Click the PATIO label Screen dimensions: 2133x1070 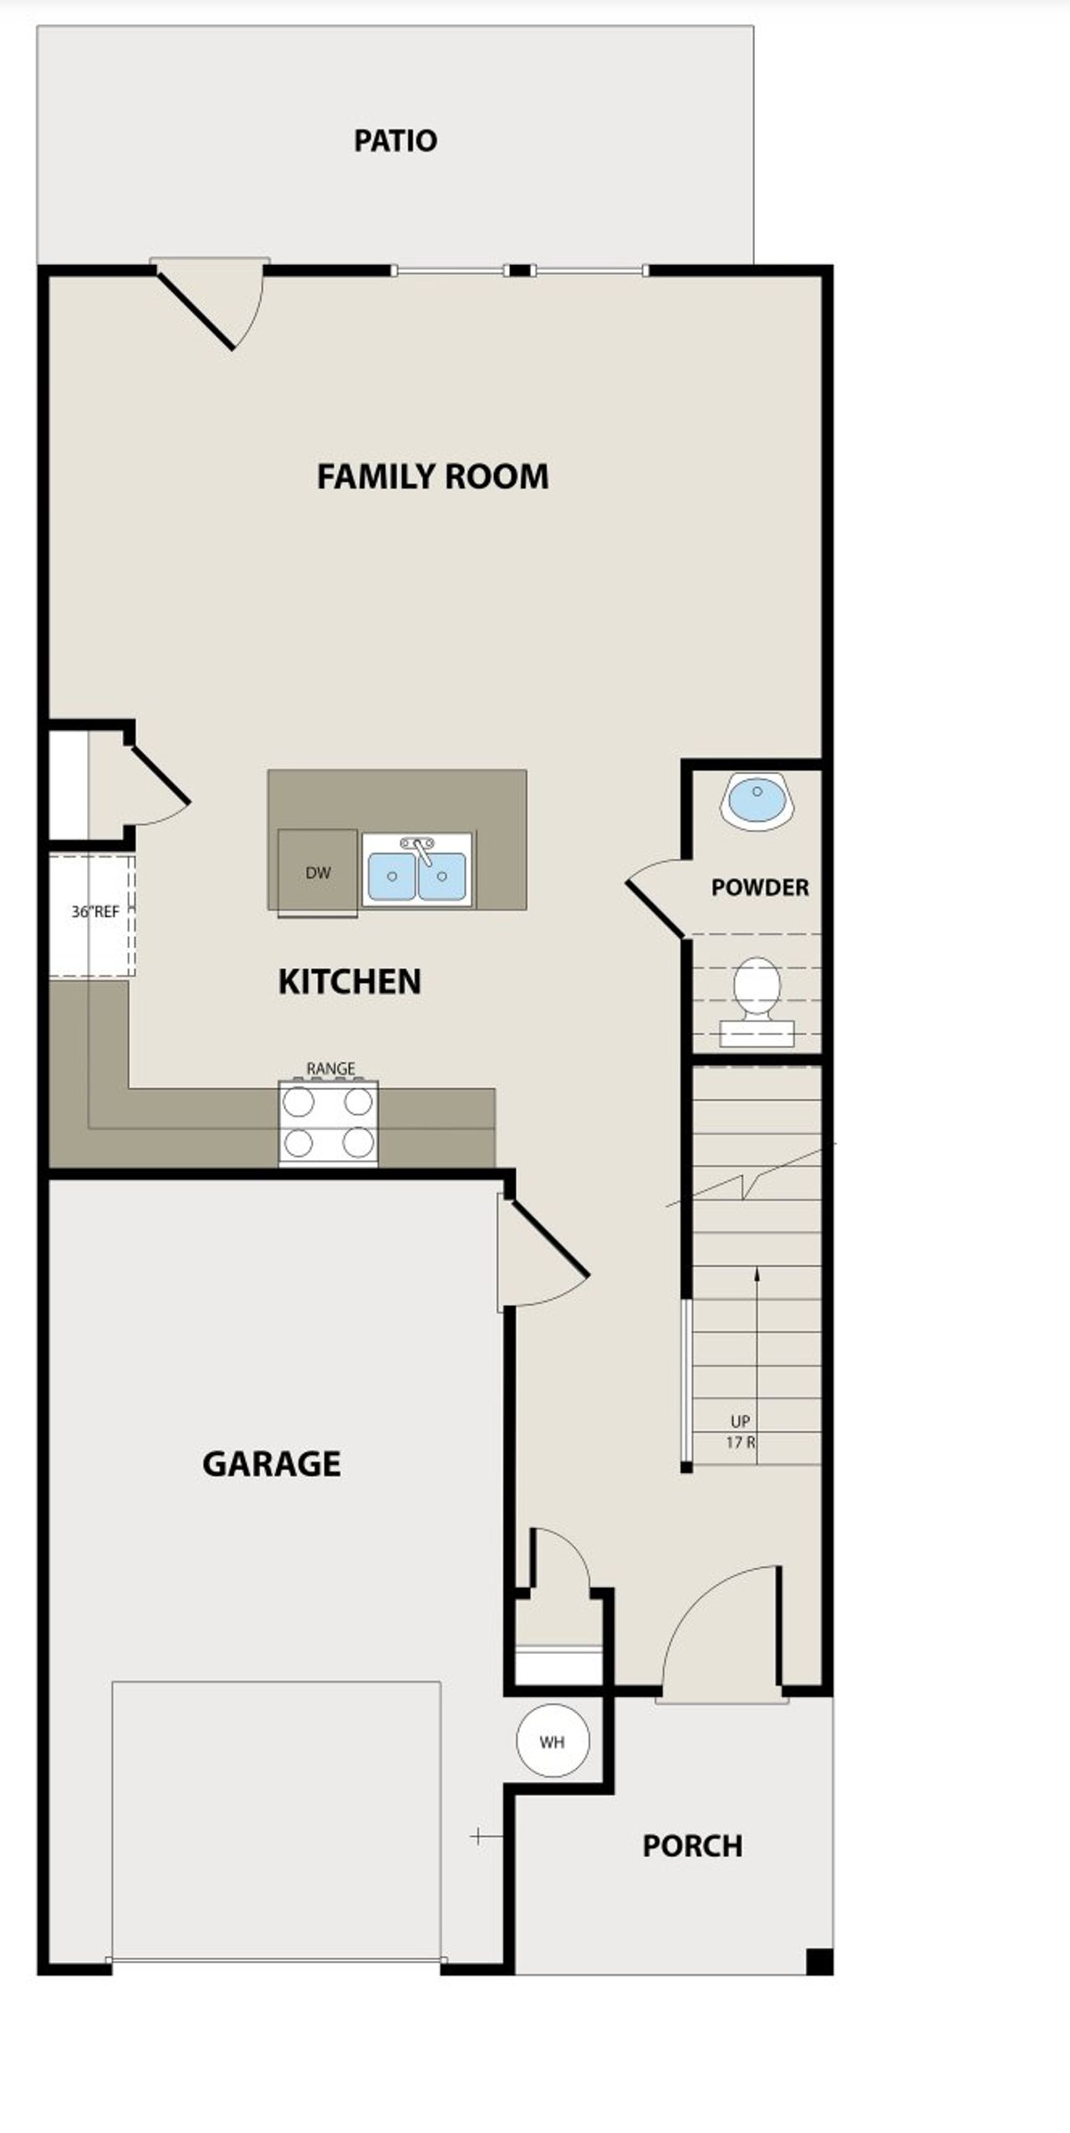(x=395, y=140)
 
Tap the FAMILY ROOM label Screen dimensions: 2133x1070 (x=432, y=476)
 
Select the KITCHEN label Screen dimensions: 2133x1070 (x=349, y=981)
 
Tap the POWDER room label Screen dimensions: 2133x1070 (x=760, y=888)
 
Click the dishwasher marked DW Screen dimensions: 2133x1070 (x=318, y=873)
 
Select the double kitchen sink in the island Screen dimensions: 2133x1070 (x=417, y=871)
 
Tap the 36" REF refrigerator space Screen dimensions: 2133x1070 (x=92, y=914)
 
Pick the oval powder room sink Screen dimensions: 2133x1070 (x=757, y=800)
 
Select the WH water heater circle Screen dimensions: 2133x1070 (x=553, y=1742)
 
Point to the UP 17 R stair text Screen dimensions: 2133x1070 (x=741, y=1431)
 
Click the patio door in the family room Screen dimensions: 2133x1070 (x=209, y=305)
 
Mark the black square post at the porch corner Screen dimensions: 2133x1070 (x=819, y=1960)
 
